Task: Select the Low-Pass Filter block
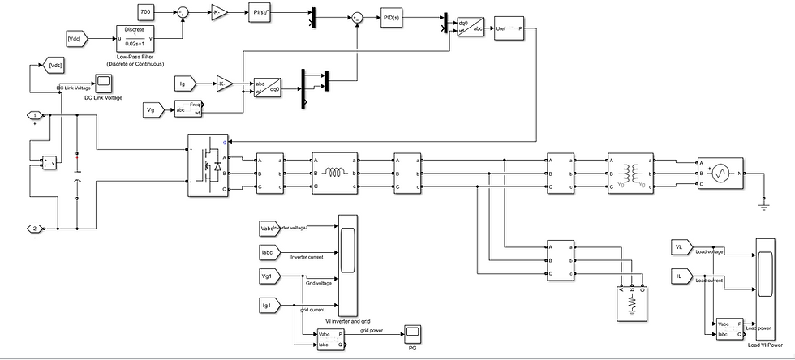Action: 135,38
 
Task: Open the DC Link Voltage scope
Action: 104,82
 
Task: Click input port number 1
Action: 35,115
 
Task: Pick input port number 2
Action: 35,228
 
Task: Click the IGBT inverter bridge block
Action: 208,165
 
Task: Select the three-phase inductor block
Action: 335,172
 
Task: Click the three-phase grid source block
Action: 719,174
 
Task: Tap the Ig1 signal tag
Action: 267,305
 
